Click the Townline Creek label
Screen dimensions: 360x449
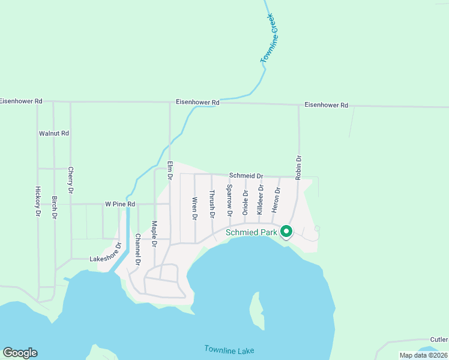tap(272, 39)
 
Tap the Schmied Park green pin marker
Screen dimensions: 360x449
tap(286, 232)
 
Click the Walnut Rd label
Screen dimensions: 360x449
tap(54, 133)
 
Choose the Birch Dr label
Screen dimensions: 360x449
tap(54, 207)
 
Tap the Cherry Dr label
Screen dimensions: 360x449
tap(70, 180)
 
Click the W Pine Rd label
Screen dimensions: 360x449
tap(120, 204)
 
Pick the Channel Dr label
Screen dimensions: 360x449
tap(137, 250)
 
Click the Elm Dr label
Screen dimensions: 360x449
tap(170, 171)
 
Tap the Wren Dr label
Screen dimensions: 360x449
tap(194, 208)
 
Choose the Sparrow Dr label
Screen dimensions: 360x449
tap(229, 200)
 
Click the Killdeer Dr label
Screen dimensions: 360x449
tap(260, 200)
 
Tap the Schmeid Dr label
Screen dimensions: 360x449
tap(246, 176)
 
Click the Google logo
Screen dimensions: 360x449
tap(20, 353)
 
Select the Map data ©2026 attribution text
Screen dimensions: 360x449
tap(423, 355)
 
